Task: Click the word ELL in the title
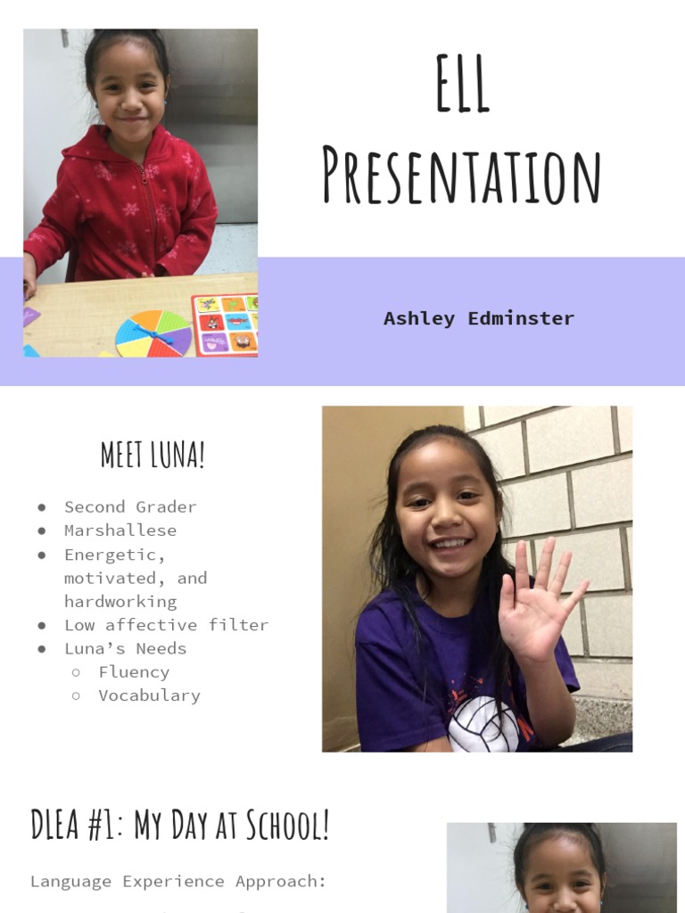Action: tap(462, 84)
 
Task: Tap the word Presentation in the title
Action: tap(461, 176)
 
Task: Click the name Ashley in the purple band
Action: tap(419, 318)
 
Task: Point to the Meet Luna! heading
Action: tap(153, 455)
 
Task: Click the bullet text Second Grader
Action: tap(130, 506)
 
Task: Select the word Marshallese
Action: tap(120, 530)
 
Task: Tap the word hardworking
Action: tap(120, 601)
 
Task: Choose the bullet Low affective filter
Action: tap(166, 624)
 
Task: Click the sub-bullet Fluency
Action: tap(134, 671)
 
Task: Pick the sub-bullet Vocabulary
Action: tap(149, 695)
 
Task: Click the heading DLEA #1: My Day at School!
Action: tap(180, 825)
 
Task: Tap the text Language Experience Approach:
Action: tap(178, 881)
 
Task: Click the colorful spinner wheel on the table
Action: tap(153, 334)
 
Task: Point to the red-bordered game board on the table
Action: tap(226, 325)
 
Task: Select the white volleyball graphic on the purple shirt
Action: tap(483, 723)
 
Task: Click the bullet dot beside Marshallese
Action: tap(42, 531)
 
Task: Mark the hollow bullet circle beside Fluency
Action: tap(77, 672)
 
